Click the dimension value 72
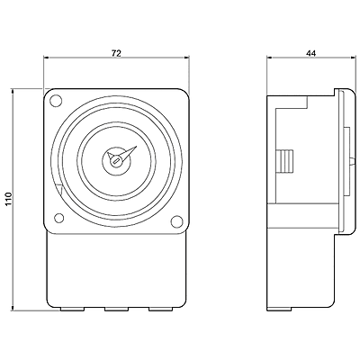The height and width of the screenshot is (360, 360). pyautogui.click(x=116, y=53)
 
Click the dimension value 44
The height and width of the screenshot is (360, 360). pyautogui.click(x=310, y=53)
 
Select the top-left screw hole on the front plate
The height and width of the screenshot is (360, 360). pyautogui.click(x=56, y=100)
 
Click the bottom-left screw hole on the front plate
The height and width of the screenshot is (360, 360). pyautogui.click(x=59, y=218)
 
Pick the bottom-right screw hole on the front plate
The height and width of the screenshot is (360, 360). pyautogui.click(x=176, y=221)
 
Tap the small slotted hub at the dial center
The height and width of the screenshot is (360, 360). pyautogui.click(x=116, y=161)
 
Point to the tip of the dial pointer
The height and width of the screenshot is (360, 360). pyautogui.click(x=138, y=146)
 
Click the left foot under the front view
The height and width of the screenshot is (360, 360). pyautogui.click(x=72, y=309)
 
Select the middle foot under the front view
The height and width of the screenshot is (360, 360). pyautogui.click(x=116, y=309)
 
